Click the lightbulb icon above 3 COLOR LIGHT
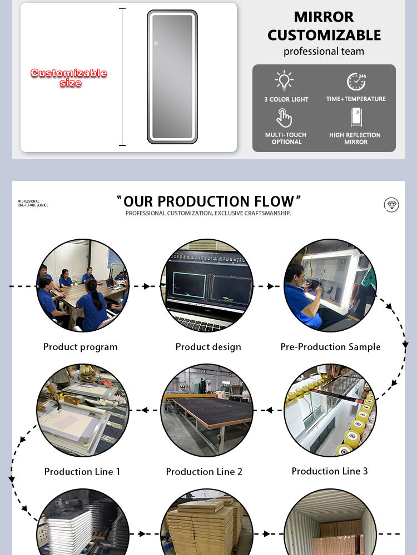click(284, 80)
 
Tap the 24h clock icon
click(356, 82)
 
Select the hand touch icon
click(284, 118)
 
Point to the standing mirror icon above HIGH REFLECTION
click(356, 117)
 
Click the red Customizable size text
click(69, 78)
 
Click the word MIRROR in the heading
click(324, 17)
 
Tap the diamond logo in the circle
click(391, 205)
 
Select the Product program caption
click(81, 347)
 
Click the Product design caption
click(208, 347)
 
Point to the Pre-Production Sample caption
click(330, 347)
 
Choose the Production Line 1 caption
click(82, 471)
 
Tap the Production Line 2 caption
click(204, 471)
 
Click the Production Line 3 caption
click(330, 471)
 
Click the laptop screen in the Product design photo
click(208, 283)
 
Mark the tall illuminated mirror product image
click(172, 77)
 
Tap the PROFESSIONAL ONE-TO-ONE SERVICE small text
click(33, 203)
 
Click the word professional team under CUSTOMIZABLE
click(324, 51)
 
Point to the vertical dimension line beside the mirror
click(122, 77)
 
